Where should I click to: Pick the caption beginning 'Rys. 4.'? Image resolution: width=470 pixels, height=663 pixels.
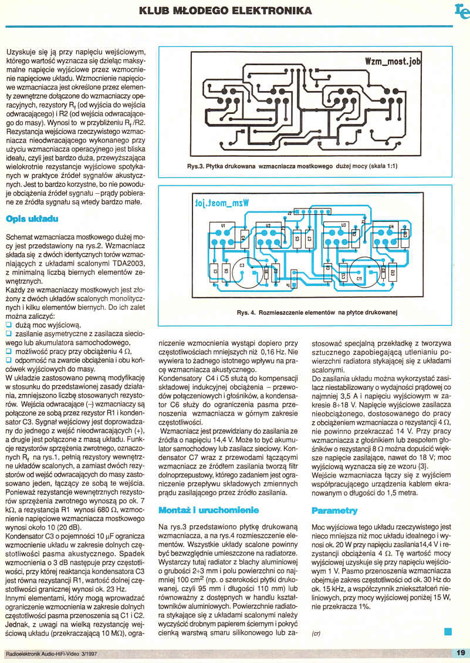[317, 312]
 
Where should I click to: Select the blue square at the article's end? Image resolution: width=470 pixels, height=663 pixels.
[448, 631]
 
